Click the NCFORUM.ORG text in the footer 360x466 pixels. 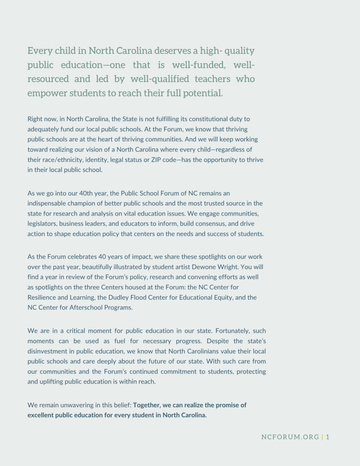pos(290,437)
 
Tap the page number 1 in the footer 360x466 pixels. pos(328,437)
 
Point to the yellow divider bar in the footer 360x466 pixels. pos(322,437)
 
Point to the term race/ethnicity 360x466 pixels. pos(64,160)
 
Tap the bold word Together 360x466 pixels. pos(149,405)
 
